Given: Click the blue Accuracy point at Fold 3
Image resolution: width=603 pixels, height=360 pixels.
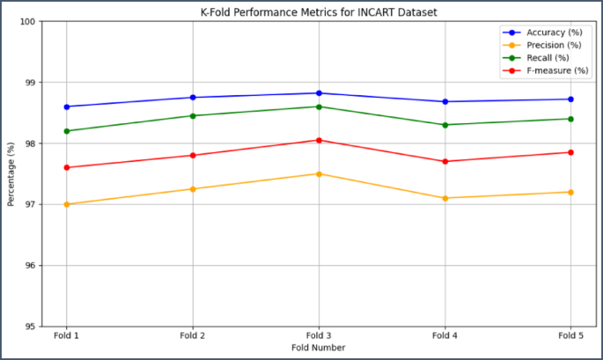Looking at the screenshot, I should (319, 93).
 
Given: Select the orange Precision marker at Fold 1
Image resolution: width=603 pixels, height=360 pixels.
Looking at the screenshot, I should (67, 204).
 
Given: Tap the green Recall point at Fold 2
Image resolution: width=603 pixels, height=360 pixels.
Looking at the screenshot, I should (193, 115).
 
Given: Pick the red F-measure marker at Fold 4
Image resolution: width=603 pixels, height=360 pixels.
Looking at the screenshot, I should (445, 161).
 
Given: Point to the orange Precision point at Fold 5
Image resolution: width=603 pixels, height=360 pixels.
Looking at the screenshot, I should (570, 192).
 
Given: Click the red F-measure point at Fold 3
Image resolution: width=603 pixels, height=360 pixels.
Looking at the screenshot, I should (319, 140).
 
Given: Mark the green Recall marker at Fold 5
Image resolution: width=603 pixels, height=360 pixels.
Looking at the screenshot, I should (570, 119).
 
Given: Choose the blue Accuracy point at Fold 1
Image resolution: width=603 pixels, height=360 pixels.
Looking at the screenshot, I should (67, 107).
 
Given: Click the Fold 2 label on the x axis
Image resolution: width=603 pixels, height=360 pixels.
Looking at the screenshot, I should (193, 336).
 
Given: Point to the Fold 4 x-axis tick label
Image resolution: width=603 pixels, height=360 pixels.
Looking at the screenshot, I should (445, 336).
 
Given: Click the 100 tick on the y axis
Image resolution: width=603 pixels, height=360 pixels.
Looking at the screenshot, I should (35, 21).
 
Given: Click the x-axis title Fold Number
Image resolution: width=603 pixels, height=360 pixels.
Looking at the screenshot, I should (319, 348).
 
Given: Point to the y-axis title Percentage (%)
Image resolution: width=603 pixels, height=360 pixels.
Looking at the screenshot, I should (11, 173).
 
